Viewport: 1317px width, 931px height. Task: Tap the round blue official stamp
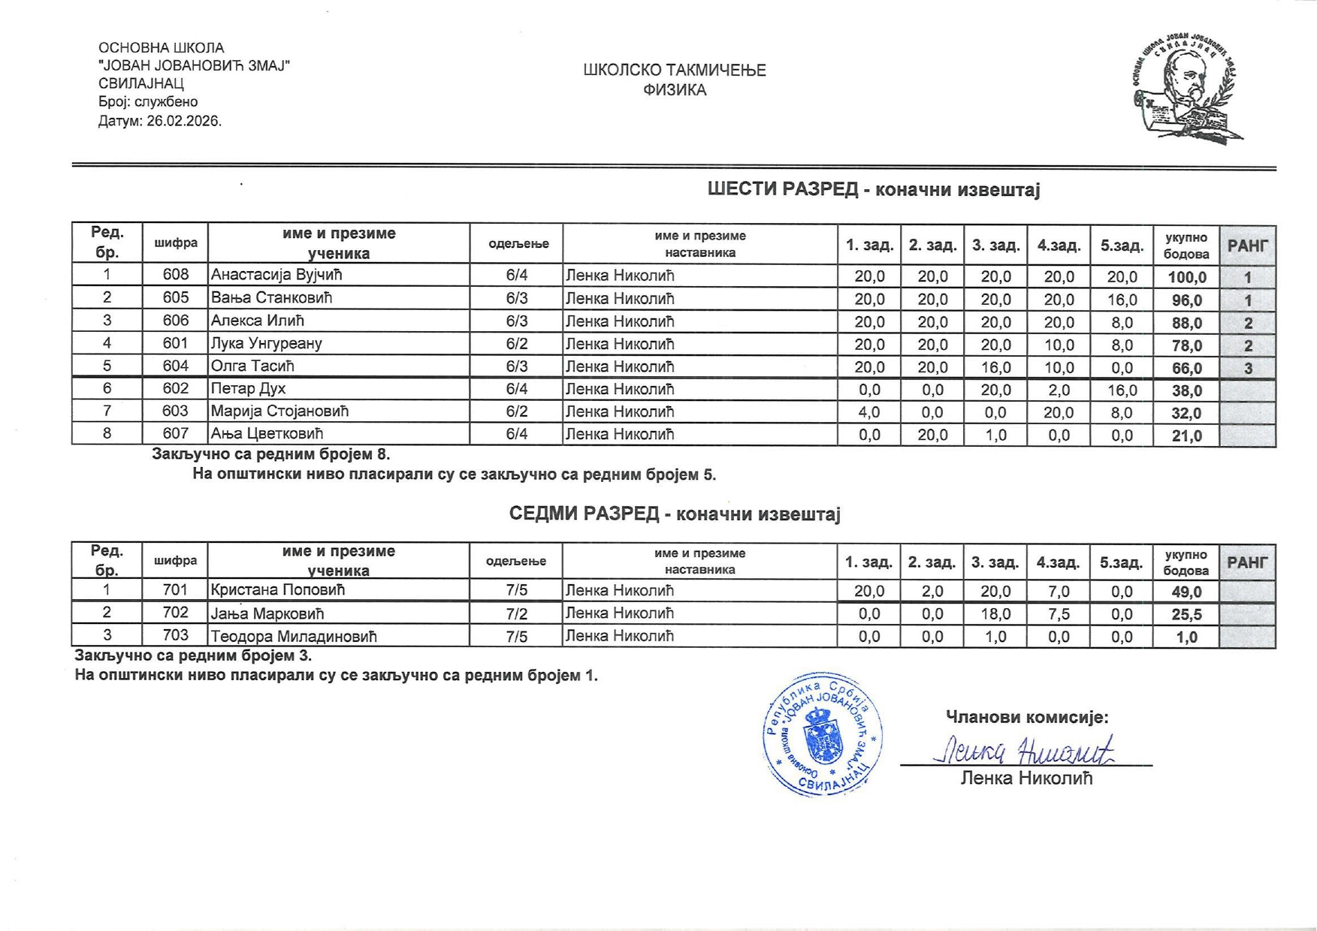(x=822, y=734)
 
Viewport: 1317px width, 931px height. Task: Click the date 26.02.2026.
(x=184, y=121)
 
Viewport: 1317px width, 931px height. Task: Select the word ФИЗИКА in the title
(x=674, y=90)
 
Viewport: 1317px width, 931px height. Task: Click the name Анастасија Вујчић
(x=276, y=275)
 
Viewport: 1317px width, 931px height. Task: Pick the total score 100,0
(x=1186, y=277)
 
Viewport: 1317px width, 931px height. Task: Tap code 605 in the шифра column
(x=175, y=298)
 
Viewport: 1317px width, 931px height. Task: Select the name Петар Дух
(x=247, y=389)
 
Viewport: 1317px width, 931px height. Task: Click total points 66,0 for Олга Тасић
(x=1186, y=368)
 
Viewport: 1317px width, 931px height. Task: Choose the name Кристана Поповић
(x=277, y=590)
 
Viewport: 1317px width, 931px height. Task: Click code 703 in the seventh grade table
(x=175, y=636)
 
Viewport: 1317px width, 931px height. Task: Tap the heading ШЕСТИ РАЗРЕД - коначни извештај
(x=873, y=189)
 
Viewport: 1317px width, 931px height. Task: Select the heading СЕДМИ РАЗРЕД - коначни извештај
(x=674, y=514)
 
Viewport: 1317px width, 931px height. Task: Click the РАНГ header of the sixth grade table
(x=1247, y=246)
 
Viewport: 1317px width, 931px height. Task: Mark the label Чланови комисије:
(x=1026, y=717)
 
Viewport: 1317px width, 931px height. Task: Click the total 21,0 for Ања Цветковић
(x=1186, y=435)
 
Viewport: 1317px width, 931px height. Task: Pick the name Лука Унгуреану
(x=266, y=344)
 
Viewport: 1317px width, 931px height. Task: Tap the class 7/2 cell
(x=516, y=613)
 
